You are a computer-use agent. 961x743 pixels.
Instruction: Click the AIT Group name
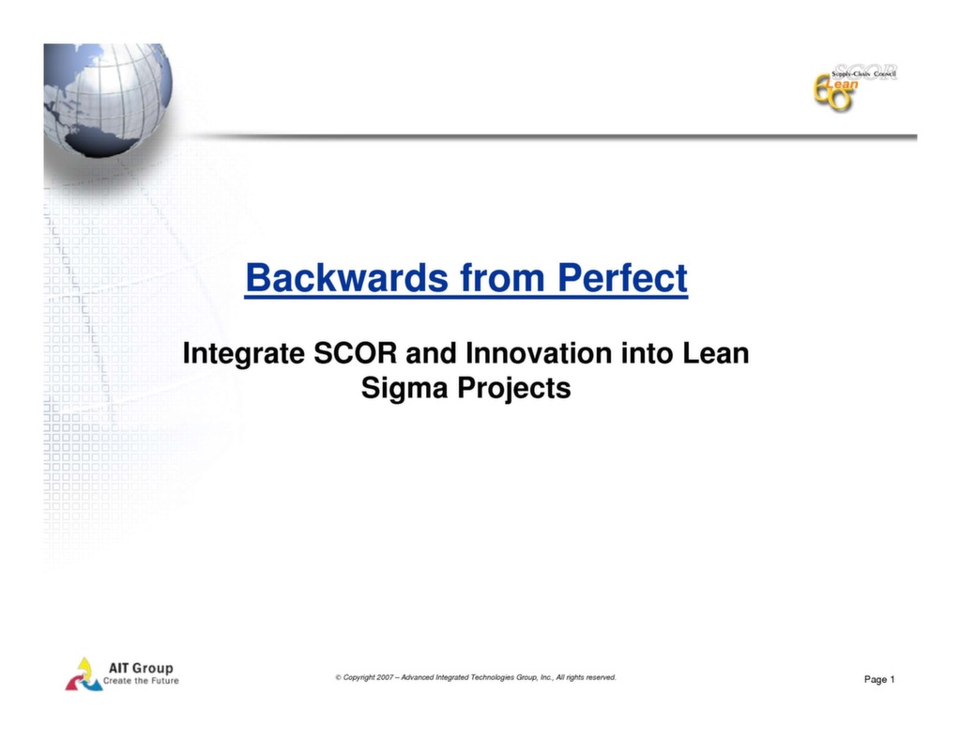142,668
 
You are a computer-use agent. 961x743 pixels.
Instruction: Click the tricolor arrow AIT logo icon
84,673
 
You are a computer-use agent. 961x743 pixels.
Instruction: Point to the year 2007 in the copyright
385,676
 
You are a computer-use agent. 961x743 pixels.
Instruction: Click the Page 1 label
879,679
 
